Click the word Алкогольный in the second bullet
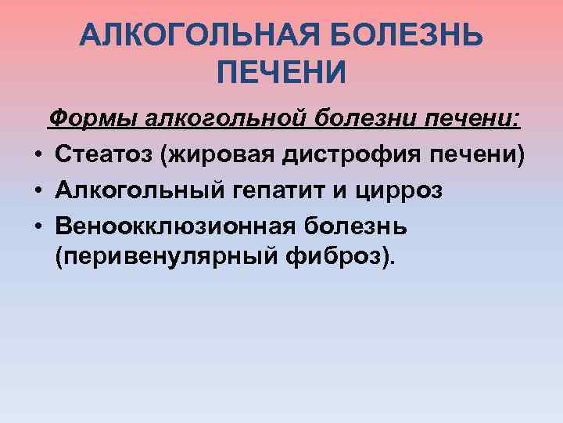tap(135, 190)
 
